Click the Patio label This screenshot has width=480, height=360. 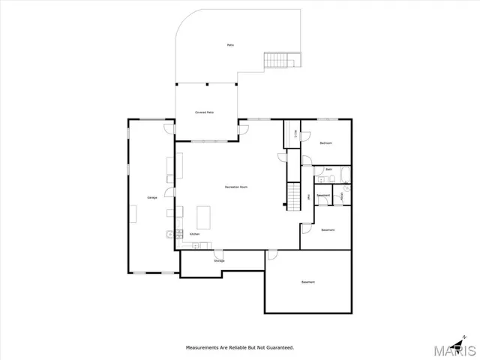tap(230, 45)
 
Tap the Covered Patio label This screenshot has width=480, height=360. tap(205, 112)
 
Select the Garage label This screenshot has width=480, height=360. tap(151, 197)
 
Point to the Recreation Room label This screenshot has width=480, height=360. tap(236, 187)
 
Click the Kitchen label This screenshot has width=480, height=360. tap(194, 235)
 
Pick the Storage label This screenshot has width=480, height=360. tap(219, 260)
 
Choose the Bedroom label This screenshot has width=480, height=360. tap(325, 142)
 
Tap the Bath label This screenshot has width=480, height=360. tap(329, 170)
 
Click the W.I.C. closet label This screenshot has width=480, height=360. tap(294, 135)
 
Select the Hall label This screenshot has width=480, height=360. tap(309, 196)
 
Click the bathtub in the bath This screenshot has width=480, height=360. tap(344, 175)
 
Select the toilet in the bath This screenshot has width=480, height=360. tap(332, 179)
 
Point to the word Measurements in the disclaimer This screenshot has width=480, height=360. tap(204, 348)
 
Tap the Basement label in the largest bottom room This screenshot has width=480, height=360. tap(308, 282)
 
